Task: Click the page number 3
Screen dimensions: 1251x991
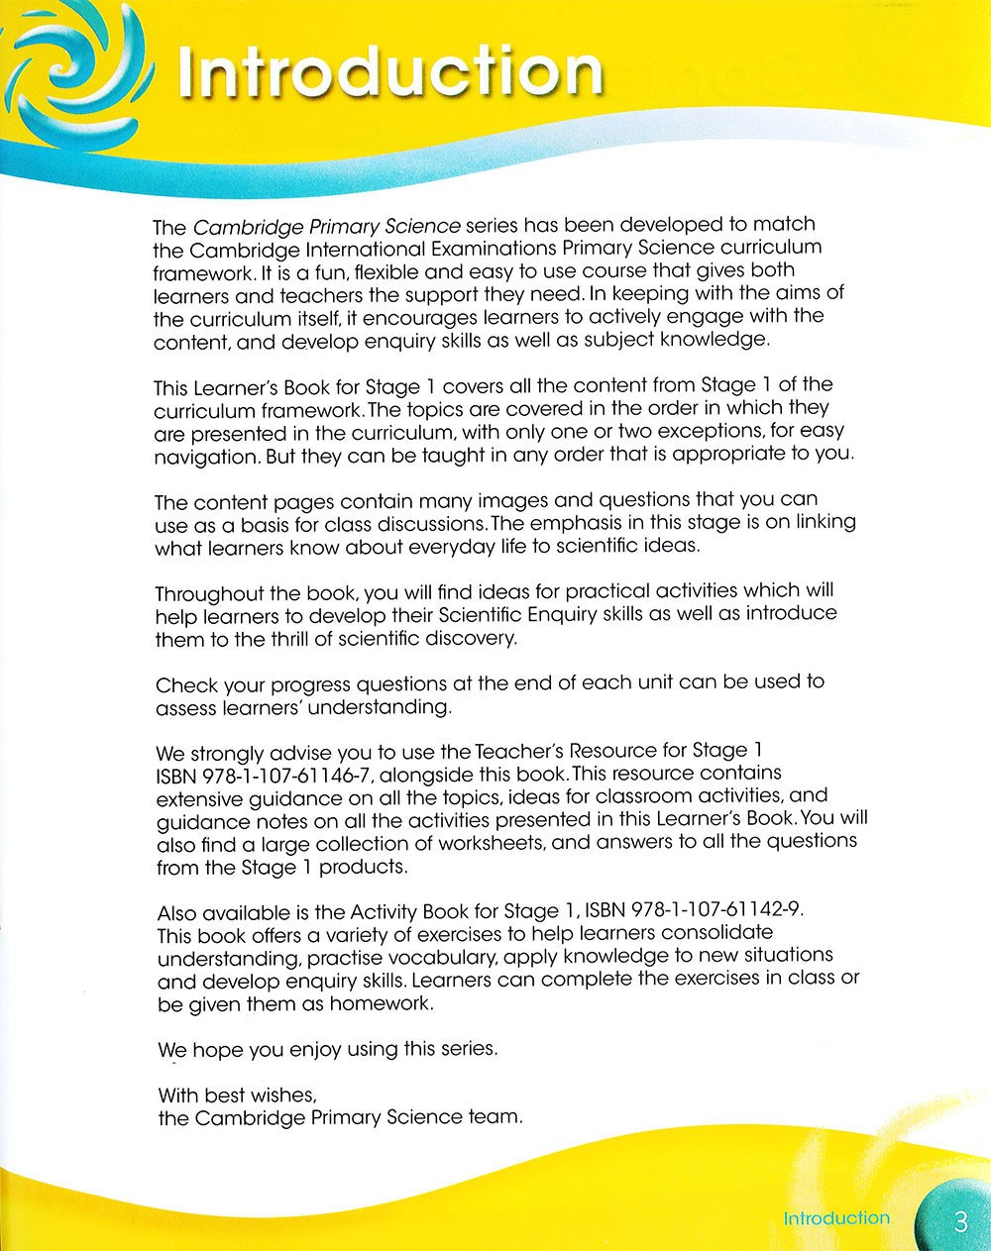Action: pyautogui.click(x=959, y=1221)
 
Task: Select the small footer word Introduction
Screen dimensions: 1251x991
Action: pyautogui.click(x=836, y=1218)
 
